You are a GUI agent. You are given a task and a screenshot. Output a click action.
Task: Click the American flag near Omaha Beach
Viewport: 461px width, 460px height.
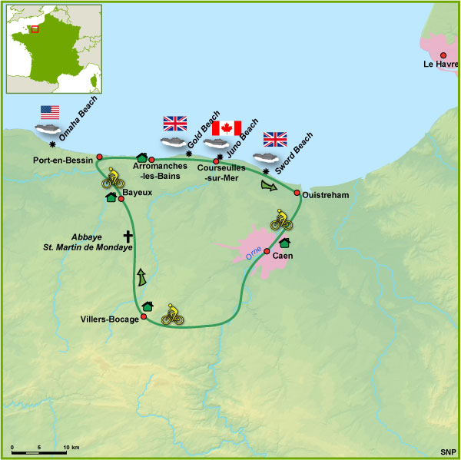point(51,112)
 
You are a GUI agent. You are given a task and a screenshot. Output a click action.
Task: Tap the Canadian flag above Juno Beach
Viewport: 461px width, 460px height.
point(227,127)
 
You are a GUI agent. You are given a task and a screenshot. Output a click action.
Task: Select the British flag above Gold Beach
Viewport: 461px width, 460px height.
point(175,123)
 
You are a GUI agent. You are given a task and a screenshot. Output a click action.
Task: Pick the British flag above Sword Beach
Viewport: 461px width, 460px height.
point(275,139)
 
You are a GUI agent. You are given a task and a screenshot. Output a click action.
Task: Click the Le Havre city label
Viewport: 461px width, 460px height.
point(439,65)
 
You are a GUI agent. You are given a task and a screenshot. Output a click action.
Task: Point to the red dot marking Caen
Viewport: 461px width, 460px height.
point(267,251)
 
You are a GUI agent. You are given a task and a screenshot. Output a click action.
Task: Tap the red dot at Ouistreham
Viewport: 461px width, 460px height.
point(297,193)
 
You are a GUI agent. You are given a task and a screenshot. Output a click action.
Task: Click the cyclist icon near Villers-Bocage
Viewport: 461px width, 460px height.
point(172,314)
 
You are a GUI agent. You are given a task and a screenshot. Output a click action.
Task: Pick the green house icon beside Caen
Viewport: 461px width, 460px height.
point(285,243)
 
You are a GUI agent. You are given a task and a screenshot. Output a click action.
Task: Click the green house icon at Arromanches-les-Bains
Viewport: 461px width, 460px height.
point(141,157)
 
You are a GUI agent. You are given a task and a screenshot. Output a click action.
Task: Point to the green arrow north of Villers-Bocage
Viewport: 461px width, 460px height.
point(142,277)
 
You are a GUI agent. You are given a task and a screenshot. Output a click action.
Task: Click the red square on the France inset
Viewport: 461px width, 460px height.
point(35,30)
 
